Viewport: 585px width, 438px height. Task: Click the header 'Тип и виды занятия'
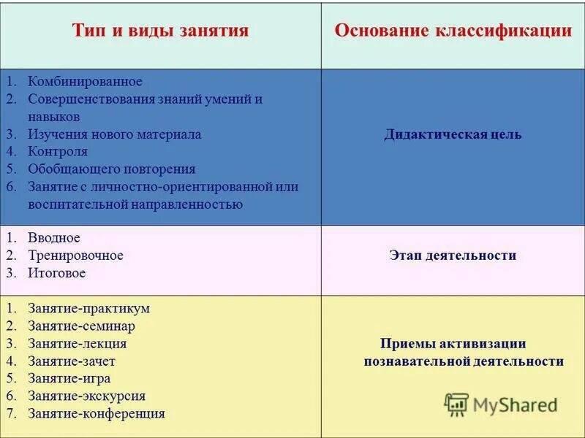[x=160, y=31]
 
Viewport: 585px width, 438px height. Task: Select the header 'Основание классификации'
[x=453, y=31]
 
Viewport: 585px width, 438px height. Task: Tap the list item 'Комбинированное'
[x=85, y=81]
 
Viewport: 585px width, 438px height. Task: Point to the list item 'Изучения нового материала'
[x=114, y=134]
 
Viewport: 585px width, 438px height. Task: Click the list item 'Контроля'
[x=58, y=152]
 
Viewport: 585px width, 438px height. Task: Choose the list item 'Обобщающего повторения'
[x=111, y=169]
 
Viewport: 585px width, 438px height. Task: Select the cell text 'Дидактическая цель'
[x=453, y=134]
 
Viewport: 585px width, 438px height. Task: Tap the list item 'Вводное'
[x=54, y=238]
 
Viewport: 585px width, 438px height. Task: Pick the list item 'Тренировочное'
[x=75, y=255]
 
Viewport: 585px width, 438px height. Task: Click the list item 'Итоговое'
[x=57, y=273]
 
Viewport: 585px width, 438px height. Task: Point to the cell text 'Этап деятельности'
[x=453, y=255]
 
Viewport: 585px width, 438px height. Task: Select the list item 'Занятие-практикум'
[x=88, y=308]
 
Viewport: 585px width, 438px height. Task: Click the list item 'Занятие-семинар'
[x=81, y=326]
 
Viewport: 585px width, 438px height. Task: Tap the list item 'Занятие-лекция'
[x=77, y=343]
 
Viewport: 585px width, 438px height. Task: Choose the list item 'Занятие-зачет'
[x=72, y=361]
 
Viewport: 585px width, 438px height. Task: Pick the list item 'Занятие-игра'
[x=68, y=378]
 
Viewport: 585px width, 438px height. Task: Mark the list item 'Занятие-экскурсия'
[x=86, y=396]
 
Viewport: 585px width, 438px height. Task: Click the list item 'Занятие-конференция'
[x=97, y=413]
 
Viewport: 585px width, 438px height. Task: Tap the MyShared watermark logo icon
[x=456, y=404]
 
